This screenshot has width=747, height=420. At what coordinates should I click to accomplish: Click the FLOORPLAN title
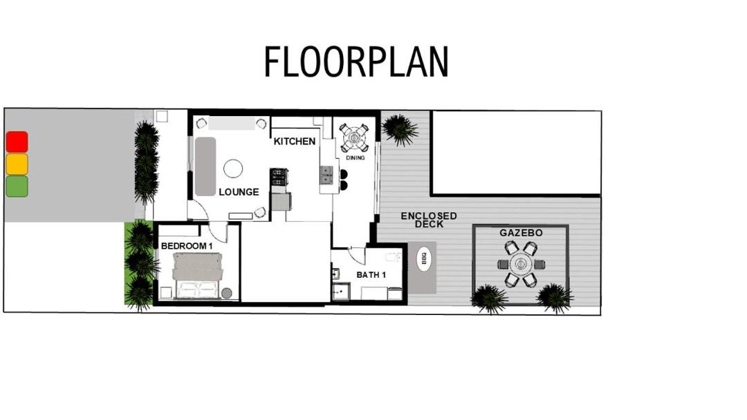click(x=356, y=61)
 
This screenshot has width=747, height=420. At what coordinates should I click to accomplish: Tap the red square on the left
click(x=17, y=142)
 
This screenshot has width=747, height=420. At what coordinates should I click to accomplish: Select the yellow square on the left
click(x=17, y=164)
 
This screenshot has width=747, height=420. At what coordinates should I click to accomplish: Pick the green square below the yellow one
click(x=17, y=186)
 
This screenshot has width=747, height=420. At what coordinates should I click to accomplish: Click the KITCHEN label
click(x=295, y=142)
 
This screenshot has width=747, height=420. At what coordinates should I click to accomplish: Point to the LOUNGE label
click(x=239, y=192)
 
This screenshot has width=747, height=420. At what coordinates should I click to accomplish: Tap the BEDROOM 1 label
click(x=187, y=246)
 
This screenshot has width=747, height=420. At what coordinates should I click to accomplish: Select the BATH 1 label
click(x=371, y=275)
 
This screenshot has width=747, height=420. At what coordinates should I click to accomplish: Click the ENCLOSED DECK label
click(x=429, y=220)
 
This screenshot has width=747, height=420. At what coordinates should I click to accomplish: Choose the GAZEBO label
click(x=521, y=233)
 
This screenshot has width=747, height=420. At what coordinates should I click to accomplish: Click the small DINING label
click(x=355, y=158)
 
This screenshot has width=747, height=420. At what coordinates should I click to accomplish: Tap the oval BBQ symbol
click(x=423, y=258)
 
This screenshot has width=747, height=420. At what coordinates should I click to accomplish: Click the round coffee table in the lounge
click(x=233, y=169)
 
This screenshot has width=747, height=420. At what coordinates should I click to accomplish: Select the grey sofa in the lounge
click(x=205, y=166)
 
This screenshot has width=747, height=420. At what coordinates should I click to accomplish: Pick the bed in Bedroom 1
click(x=198, y=276)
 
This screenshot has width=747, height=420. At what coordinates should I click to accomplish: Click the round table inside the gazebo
click(x=520, y=263)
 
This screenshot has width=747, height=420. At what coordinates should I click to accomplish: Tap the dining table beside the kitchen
click(x=354, y=138)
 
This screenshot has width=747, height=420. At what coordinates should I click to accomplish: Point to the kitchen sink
click(x=326, y=175)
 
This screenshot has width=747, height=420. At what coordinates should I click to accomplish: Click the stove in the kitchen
click(x=279, y=177)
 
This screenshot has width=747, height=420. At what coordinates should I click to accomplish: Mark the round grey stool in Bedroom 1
click(x=227, y=293)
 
